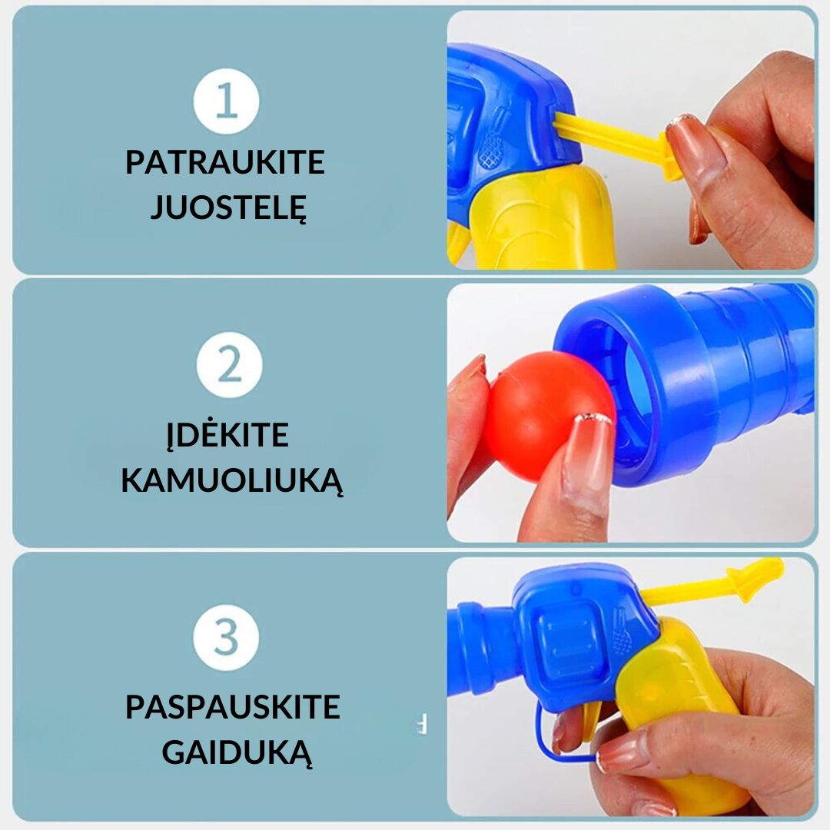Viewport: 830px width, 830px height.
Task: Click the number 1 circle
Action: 226,101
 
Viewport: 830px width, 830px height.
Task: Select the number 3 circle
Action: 226,639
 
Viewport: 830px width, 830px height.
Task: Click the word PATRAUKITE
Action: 225,163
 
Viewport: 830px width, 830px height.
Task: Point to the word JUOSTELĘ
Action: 228,207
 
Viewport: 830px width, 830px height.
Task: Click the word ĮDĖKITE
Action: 227,436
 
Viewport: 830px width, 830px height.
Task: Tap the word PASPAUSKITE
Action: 232,707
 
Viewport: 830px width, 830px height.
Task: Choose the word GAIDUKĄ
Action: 237,753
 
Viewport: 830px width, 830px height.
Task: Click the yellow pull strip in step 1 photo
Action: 615,142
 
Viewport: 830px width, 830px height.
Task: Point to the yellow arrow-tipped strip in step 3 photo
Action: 715,584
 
